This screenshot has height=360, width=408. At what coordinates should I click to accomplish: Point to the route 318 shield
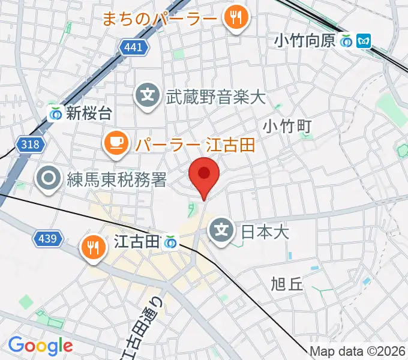pos(29,144)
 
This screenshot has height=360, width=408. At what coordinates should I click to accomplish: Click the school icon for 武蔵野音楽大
pos(148,95)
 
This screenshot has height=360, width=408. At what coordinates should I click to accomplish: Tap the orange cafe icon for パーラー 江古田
pos(116,143)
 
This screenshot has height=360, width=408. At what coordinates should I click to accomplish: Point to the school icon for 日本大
pos(222,229)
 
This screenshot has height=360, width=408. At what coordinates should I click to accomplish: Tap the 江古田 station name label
pos(137,242)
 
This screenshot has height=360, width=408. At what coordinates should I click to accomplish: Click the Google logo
pos(40,346)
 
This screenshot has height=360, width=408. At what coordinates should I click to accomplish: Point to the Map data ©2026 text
pos(358,351)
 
